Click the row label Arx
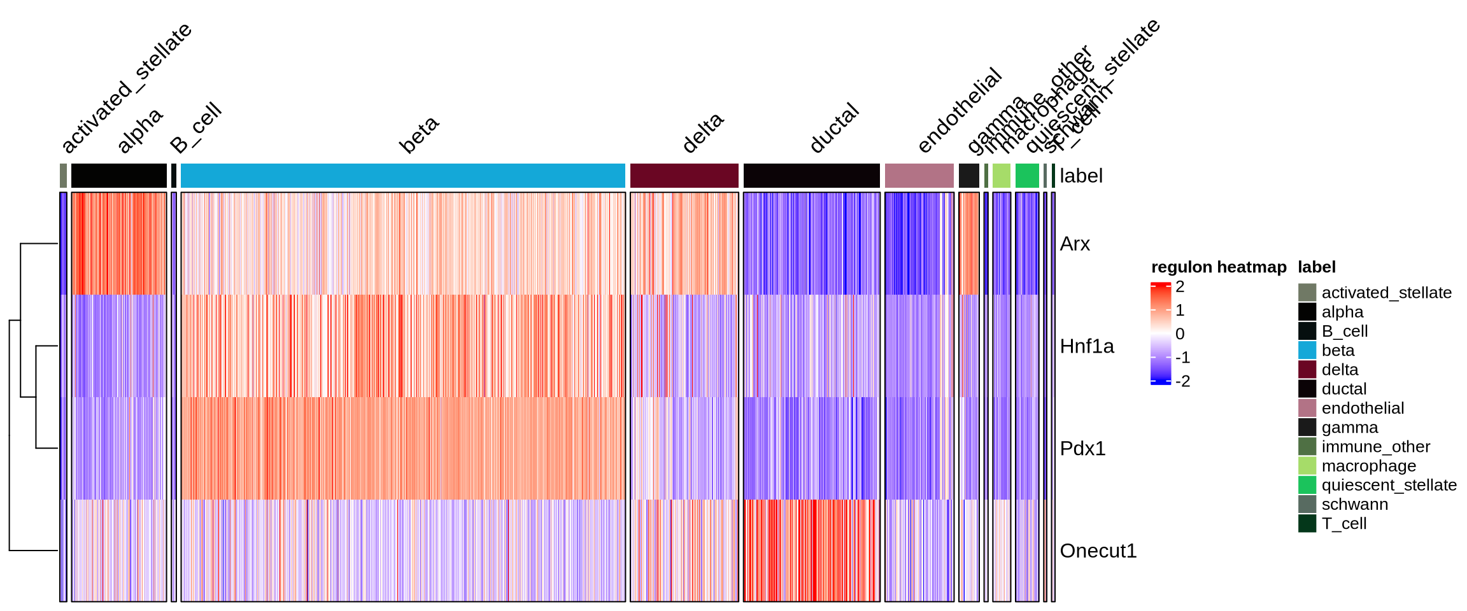coord(1075,244)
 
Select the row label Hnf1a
coord(1086,346)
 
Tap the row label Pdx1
coord(1082,449)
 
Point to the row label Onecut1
coord(1098,551)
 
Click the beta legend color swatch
coord(1307,351)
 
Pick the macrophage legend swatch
coord(1307,466)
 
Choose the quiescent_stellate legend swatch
coord(1307,485)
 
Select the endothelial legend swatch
coord(1307,408)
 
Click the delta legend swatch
coord(1307,370)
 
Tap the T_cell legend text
coord(1343,524)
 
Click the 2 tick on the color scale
coord(1180,287)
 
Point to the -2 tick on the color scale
coord(1182,381)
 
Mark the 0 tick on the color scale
coord(1180,334)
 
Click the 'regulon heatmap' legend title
coord(1219,267)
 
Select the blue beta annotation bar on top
coord(402,176)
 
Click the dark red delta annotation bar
coord(684,176)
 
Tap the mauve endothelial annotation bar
coord(919,176)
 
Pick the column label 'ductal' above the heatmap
coord(835,129)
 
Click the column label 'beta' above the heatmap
coord(420,135)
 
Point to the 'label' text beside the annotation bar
coord(1081,176)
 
